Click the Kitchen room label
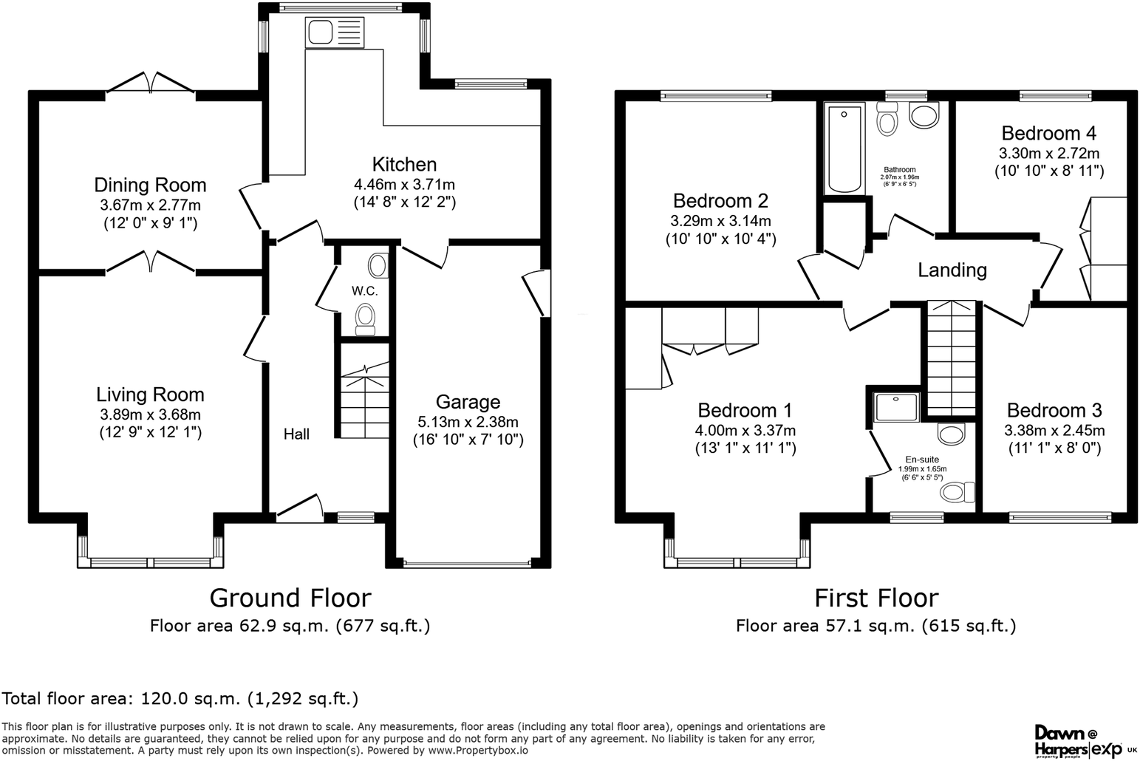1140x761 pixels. click(x=404, y=165)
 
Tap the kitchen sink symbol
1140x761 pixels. click(x=334, y=33)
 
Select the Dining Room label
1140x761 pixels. click(x=150, y=185)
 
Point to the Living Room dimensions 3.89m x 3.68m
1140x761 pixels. click(x=150, y=415)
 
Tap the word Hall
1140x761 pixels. click(x=296, y=434)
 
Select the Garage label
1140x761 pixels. click(x=468, y=402)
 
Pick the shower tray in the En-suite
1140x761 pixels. click(x=897, y=407)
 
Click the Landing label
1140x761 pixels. click(x=952, y=270)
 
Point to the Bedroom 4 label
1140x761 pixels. click(x=1048, y=134)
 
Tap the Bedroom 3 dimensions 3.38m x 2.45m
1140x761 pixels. click(x=1054, y=431)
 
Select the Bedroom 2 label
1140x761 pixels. click(x=720, y=201)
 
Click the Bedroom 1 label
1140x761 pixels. click(x=745, y=411)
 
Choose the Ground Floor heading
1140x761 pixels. click(x=290, y=598)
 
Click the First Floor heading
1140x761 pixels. click(x=876, y=598)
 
